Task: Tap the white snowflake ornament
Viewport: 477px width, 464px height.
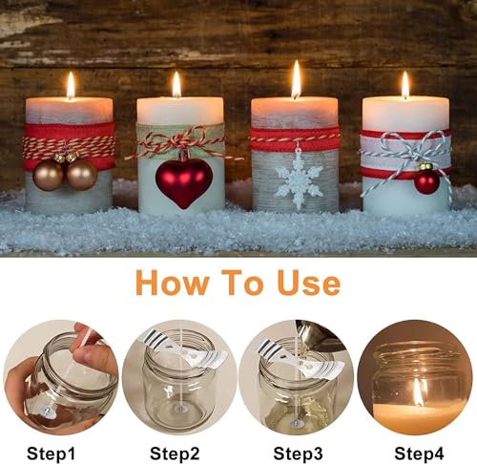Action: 299,182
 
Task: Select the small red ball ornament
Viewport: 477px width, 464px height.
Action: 426,180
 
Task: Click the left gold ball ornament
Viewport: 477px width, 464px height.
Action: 49,175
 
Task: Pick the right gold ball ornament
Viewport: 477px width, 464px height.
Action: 82,175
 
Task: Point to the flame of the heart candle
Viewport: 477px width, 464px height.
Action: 176,85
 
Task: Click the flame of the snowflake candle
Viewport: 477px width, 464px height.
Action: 296,79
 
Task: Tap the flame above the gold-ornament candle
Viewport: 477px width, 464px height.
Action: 71,85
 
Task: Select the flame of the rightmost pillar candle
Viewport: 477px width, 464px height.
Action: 405,85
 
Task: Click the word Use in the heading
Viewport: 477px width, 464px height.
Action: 308,283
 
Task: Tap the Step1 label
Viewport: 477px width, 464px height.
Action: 52,453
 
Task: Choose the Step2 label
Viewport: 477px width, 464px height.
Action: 175,453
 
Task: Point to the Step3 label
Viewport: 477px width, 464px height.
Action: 298,453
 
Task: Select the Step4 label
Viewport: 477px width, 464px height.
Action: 419,453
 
